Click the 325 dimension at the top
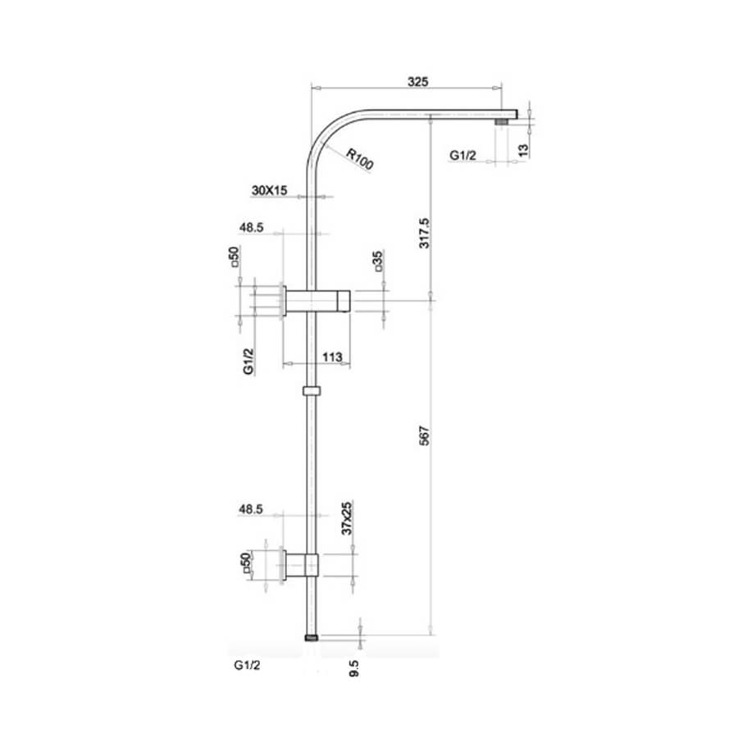pos(417,81)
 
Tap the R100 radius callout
pos(360,159)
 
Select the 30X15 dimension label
pos(269,190)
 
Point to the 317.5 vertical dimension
pos(424,233)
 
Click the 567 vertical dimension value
pos(424,435)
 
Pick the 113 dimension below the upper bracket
pos(332,357)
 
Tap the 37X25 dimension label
pos(346,518)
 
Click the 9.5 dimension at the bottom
pos(354,668)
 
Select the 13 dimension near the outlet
pos(523,150)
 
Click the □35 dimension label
pos(378,262)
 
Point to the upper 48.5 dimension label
pos(252,227)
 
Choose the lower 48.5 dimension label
pos(251,508)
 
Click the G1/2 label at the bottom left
pos(247,665)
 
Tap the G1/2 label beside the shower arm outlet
pos(462,155)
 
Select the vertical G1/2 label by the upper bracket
pos(248,362)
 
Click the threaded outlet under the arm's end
pos(501,122)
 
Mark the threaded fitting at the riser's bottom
pos(311,638)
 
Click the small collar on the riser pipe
pos(312,390)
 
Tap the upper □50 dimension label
pos(235,257)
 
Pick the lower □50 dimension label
pos(245,563)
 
